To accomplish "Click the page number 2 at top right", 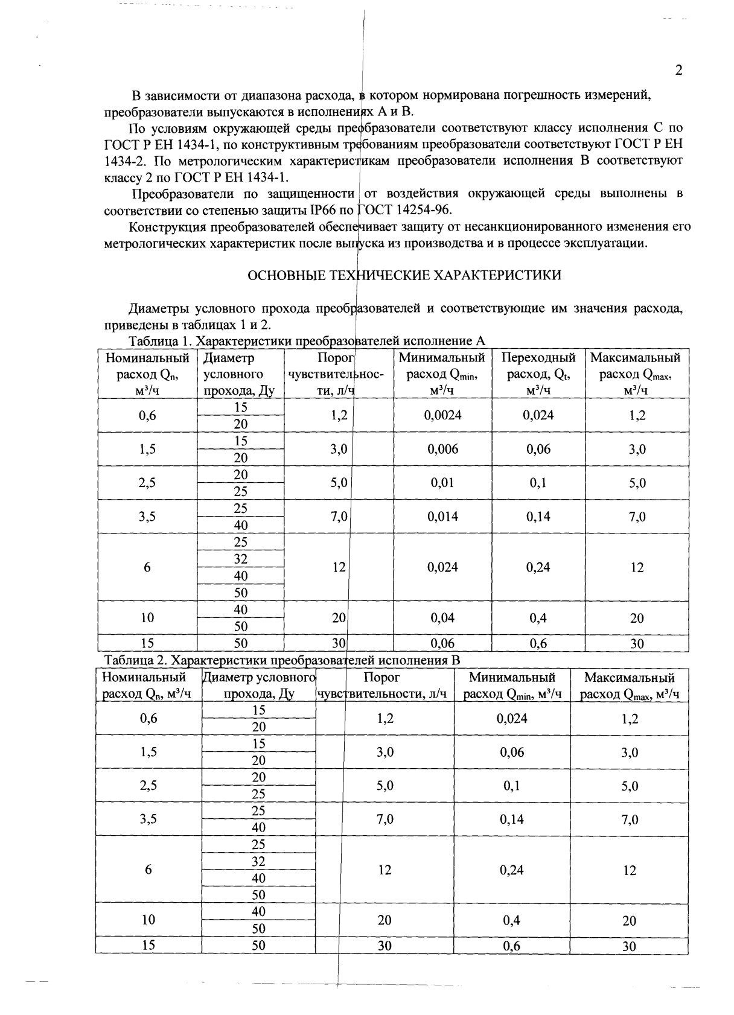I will pyautogui.click(x=678, y=71).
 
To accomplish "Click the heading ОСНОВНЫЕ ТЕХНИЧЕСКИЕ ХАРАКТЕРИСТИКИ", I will pyautogui.click(x=404, y=276).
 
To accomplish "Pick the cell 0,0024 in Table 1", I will pyautogui.click(x=442, y=415).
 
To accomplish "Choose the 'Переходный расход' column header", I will pyautogui.click(x=538, y=374).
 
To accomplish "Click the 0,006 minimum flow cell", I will pyautogui.click(x=442, y=449).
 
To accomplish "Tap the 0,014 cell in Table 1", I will pyautogui.click(x=442, y=517).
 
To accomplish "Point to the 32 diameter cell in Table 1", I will pyautogui.click(x=240, y=559).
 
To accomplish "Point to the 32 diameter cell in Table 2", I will pyautogui.click(x=258, y=861).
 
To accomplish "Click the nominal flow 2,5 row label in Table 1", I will pyautogui.click(x=147, y=483).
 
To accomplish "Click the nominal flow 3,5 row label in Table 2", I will pyautogui.click(x=148, y=819).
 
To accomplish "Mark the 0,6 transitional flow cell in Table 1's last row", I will pyautogui.click(x=538, y=644).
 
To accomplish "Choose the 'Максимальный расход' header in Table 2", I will pyautogui.click(x=629, y=686).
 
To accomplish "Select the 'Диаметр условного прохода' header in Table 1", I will pyautogui.click(x=239, y=374).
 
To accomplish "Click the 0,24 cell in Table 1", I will pyautogui.click(x=538, y=567).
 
